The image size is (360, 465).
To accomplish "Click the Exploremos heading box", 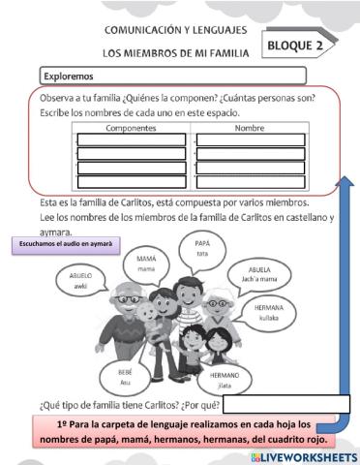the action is coord(172,76).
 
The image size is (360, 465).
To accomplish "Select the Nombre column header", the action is coord(250,128).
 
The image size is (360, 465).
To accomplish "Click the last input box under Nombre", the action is coord(251,182).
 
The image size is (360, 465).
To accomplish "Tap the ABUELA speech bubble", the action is coord(260,274).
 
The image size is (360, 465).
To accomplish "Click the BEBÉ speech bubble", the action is coord(125,376).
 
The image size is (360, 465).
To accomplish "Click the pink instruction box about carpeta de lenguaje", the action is coord(169,431).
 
